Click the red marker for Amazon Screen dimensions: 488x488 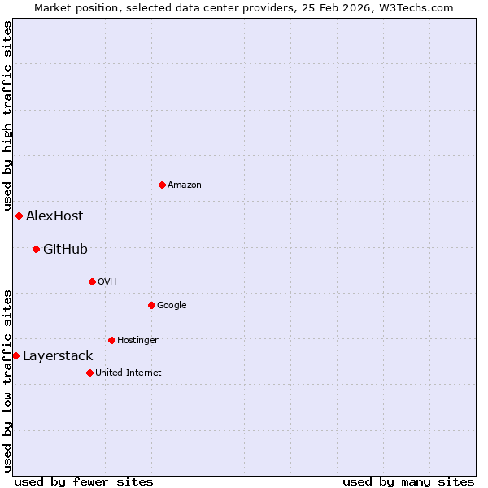[162, 185]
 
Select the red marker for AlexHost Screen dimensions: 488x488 [19, 216]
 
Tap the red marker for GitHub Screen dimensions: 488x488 [36, 249]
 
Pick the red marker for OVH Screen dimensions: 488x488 [92, 281]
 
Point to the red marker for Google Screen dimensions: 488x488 [151, 305]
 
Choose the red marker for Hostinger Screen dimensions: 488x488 [111, 340]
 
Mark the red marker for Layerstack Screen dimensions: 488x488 [15, 355]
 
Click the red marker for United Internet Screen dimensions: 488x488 [89, 373]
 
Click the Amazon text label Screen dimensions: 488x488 [185, 185]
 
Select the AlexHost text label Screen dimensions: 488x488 [54, 216]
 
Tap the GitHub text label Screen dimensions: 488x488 [65, 249]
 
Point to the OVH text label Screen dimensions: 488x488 [107, 281]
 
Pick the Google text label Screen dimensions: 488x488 [172, 305]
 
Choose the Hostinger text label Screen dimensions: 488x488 [137, 340]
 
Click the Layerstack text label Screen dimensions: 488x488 [58, 355]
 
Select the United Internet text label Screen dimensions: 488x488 [129, 373]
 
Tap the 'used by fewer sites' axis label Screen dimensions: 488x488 [84, 481]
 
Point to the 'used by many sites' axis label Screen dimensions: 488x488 [408, 481]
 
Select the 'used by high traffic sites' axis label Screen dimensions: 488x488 [7, 116]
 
